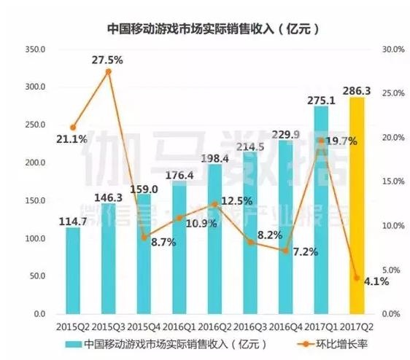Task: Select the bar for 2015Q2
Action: (73, 270)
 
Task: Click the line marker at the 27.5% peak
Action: (108, 71)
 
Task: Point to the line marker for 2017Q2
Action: (357, 278)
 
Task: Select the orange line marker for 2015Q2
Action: (73, 128)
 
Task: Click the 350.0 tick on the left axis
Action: (35, 50)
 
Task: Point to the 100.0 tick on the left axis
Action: (35, 238)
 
